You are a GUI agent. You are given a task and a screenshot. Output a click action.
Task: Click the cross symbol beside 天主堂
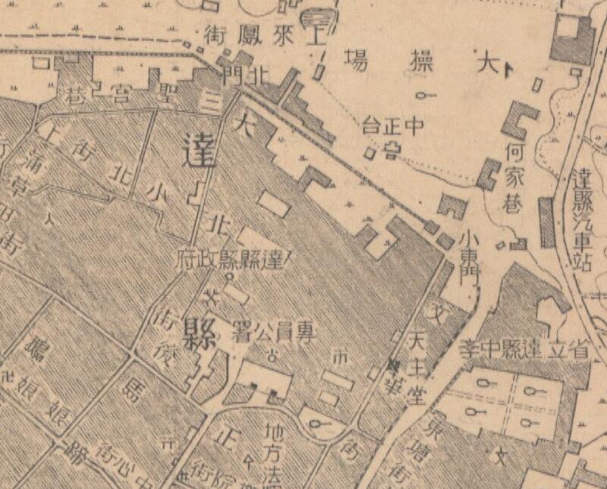394,366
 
